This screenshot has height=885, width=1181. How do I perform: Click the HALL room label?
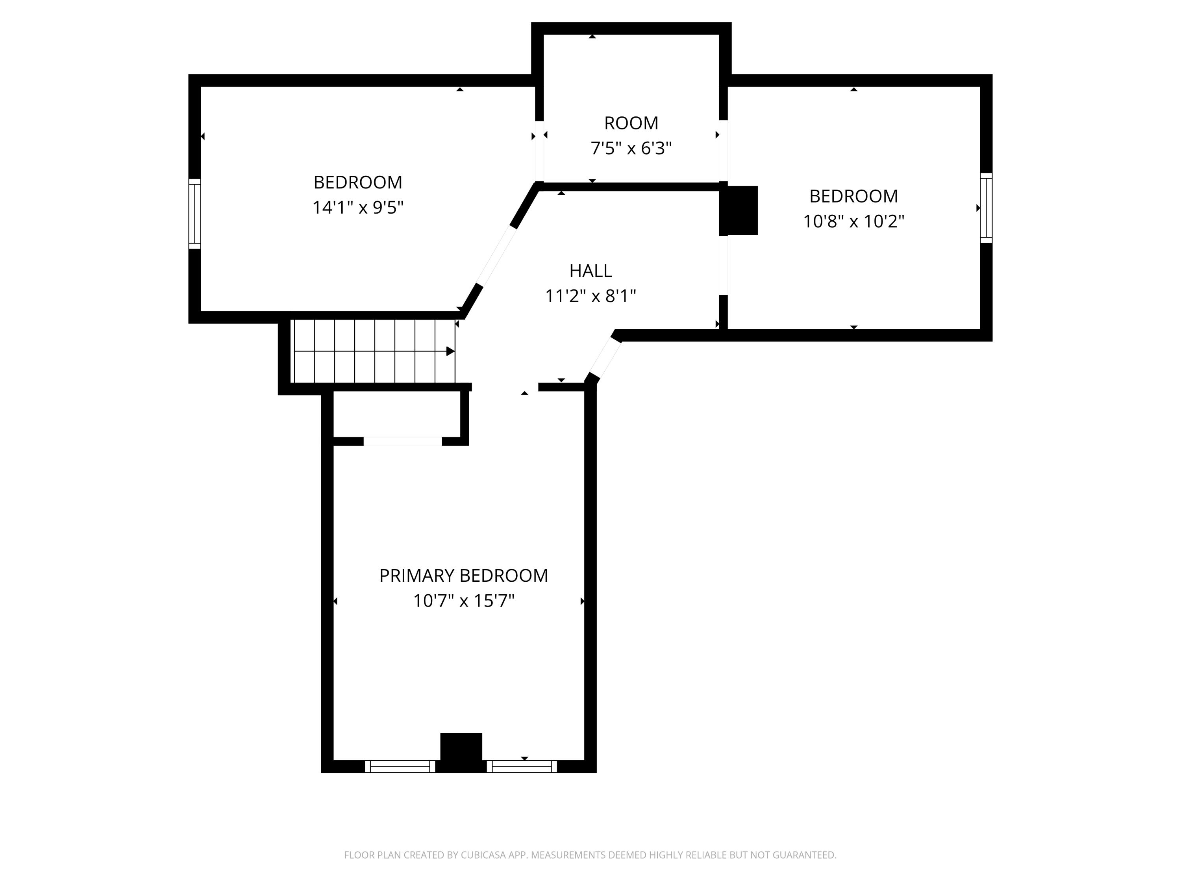[x=590, y=271]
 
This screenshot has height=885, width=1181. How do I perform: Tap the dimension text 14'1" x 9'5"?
[x=358, y=208]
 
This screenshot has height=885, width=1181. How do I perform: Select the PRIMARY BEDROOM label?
[x=463, y=575]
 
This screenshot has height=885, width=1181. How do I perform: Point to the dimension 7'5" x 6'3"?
[x=631, y=148]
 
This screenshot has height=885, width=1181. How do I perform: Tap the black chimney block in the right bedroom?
[x=739, y=210]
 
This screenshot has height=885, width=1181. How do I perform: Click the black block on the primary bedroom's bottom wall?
[x=461, y=752]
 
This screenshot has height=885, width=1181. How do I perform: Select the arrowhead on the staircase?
[x=450, y=351]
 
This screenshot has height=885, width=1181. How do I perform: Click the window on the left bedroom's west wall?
[x=194, y=213]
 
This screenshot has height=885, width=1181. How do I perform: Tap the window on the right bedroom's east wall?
[x=986, y=208]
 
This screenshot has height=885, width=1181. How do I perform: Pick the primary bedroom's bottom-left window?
[x=400, y=767]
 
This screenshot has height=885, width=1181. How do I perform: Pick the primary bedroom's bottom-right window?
[x=522, y=767]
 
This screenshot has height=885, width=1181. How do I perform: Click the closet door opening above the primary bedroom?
[x=403, y=441]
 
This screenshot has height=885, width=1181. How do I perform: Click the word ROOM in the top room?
[x=631, y=123]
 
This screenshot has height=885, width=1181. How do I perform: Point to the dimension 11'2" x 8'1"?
[x=590, y=296]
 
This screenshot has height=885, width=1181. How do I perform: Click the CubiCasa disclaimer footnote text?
[x=590, y=855]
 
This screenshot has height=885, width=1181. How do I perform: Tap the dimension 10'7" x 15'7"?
[x=463, y=601]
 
